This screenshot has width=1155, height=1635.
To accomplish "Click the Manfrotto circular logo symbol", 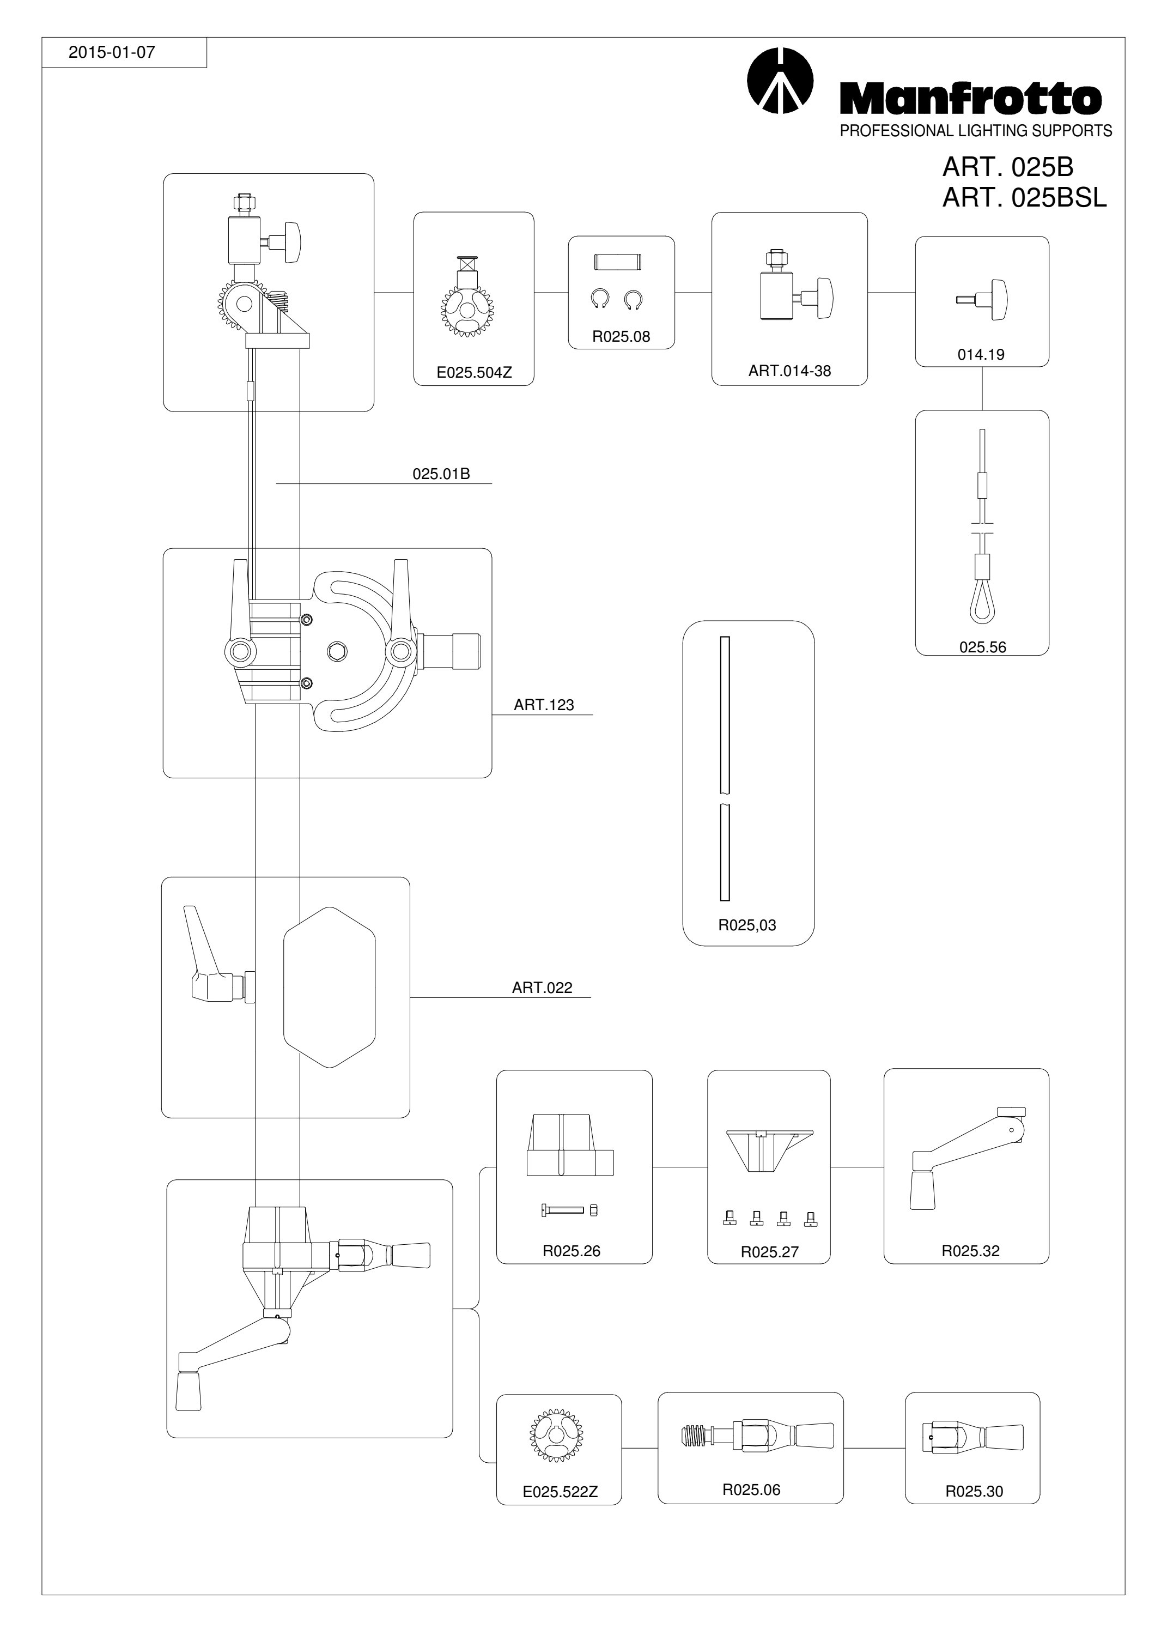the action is (781, 81).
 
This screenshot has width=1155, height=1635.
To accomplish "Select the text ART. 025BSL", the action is (1025, 197).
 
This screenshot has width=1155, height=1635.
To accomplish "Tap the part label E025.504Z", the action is (474, 372).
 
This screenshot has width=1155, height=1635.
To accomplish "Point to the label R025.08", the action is (621, 337).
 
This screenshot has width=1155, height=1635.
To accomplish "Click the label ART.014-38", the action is (790, 371).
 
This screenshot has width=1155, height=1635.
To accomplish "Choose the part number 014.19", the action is (981, 355).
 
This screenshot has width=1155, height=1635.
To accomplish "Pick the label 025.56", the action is (983, 647).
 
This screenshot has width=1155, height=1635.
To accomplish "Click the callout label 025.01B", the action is (441, 474).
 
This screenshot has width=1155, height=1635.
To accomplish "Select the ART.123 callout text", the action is (544, 705).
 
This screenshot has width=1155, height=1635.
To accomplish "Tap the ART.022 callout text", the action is (542, 988).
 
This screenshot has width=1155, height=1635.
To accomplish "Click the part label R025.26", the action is (572, 1251).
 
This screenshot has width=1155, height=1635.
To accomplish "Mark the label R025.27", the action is (770, 1252).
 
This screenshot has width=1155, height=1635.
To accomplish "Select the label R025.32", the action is (971, 1251).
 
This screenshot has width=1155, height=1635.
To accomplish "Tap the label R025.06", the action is (751, 1489).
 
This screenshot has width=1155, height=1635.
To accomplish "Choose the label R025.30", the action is (974, 1491).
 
